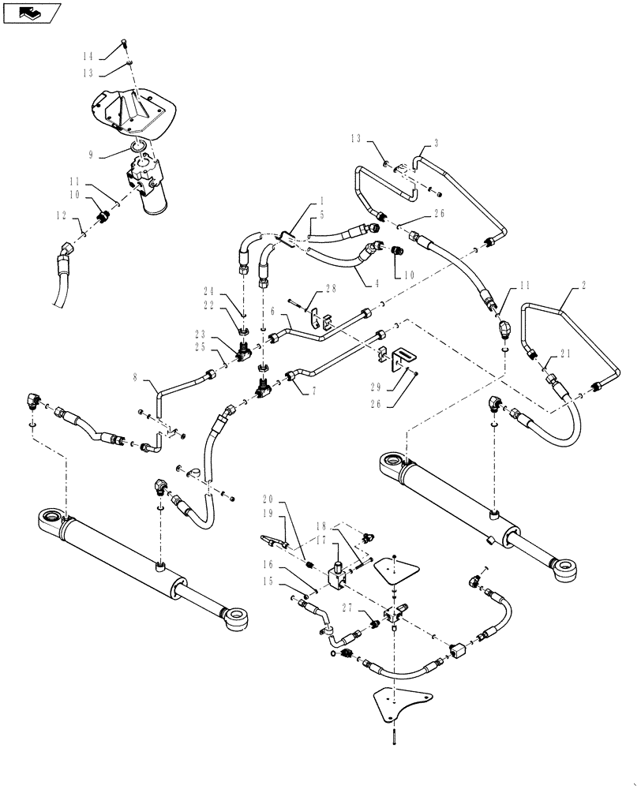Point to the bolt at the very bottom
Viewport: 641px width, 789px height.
pyautogui.click(x=392, y=739)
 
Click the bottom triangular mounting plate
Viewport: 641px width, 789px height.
pyautogui.click(x=399, y=701)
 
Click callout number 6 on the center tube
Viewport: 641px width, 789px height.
pyautogui.click(x=272, y=312)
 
